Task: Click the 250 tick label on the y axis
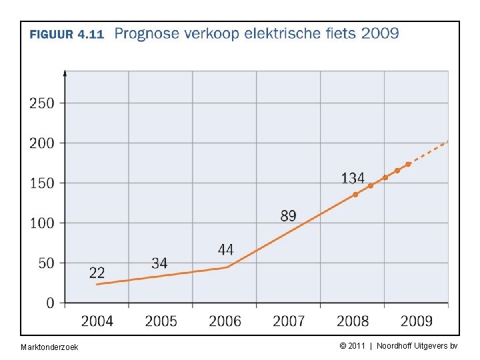(x=41, y=103)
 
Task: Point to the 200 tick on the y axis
(x=41, y=143)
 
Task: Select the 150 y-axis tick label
(x=41, y=183)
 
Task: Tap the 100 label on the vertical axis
(x=41, y=223)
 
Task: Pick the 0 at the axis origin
(x=51, y=303)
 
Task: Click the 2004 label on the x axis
(x=97, y=321)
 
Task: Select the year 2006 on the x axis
(x=225, y=321)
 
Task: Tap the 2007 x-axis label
(x=289, y=321)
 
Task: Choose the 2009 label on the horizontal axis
(x=416, y=321)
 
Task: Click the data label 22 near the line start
(x=97, y=273)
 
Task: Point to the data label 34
(x=159, y=263)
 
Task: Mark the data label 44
(x=225, y=249)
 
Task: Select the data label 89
(x=288, y=215)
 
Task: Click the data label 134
(x=353, y=178)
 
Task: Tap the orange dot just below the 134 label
(x=355, y=195)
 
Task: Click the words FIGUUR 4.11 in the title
(x=67, y=35)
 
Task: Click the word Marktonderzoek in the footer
(x=49, y=347)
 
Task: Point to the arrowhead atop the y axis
(x=65, y=72)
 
